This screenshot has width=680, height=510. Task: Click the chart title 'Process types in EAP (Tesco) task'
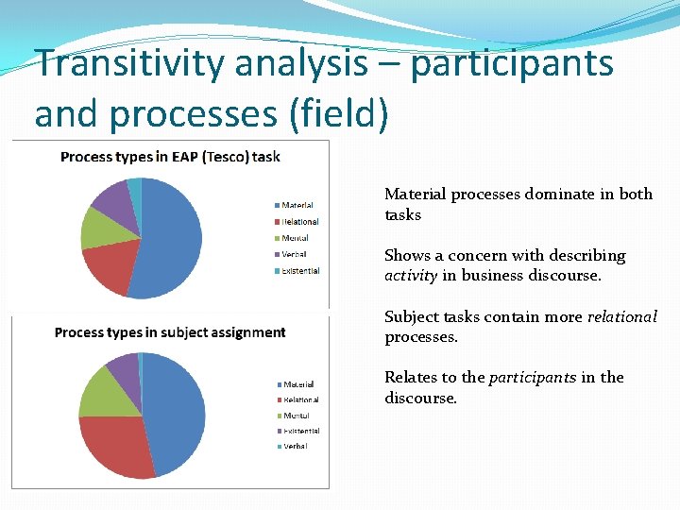point(170,157)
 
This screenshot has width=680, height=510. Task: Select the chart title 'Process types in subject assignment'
point(170,332)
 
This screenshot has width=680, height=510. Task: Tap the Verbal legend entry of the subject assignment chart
point(294,447)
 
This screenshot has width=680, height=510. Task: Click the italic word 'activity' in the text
point(411,276)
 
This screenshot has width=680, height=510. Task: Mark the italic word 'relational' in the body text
point(622,317)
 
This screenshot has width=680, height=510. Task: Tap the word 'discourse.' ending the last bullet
point(420,398)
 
